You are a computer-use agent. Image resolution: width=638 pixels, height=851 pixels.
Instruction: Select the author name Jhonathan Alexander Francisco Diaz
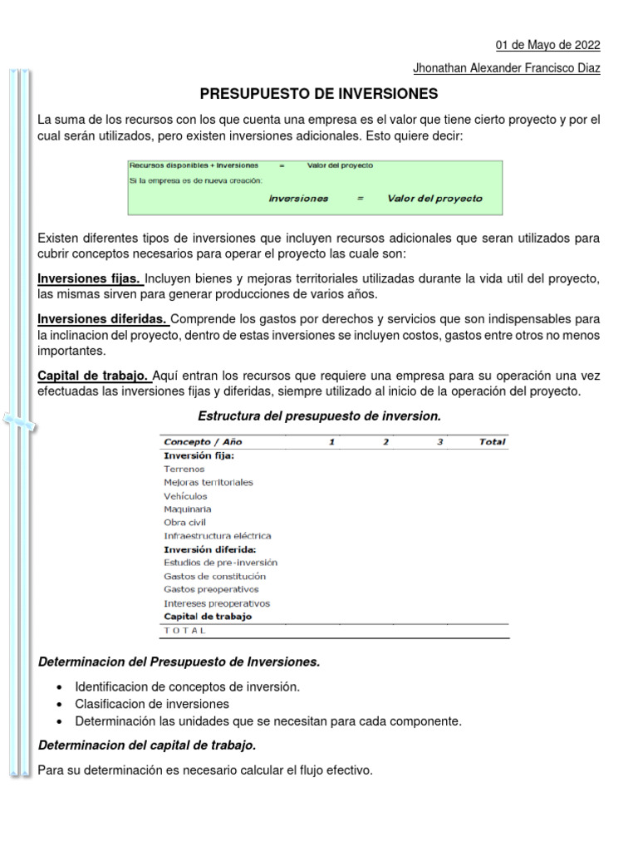point(506,69)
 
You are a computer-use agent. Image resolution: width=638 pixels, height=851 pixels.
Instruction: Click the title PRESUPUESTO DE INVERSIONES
point(318,94)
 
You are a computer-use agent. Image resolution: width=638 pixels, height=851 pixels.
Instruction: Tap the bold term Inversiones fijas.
point(91,278)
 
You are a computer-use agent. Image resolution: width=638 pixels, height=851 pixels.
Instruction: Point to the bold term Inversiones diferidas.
point(103,319)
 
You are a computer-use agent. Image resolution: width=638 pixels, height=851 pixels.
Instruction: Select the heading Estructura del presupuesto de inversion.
point(318,416)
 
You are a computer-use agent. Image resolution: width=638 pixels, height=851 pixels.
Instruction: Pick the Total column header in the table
point(492,442)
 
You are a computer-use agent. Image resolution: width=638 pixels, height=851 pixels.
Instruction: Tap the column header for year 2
point(385,442)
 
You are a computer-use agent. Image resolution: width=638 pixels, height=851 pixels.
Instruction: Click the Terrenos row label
point(184,469)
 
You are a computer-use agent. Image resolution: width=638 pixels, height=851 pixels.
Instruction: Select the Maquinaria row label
point(188,509)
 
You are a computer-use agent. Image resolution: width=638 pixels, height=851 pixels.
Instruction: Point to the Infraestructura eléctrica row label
point(218,536)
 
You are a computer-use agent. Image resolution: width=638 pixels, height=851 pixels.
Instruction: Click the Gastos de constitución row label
point(215,576)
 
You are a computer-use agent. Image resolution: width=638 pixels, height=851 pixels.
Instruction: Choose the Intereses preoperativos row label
point(217,603)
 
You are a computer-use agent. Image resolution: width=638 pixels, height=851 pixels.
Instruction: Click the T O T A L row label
point(184,631)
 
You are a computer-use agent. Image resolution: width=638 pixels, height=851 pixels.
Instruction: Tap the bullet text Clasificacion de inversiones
point(152,704)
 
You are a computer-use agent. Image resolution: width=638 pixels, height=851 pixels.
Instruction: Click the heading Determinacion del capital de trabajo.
point(141,745)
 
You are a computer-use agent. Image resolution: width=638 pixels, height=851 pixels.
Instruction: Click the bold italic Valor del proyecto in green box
point(434,199)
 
